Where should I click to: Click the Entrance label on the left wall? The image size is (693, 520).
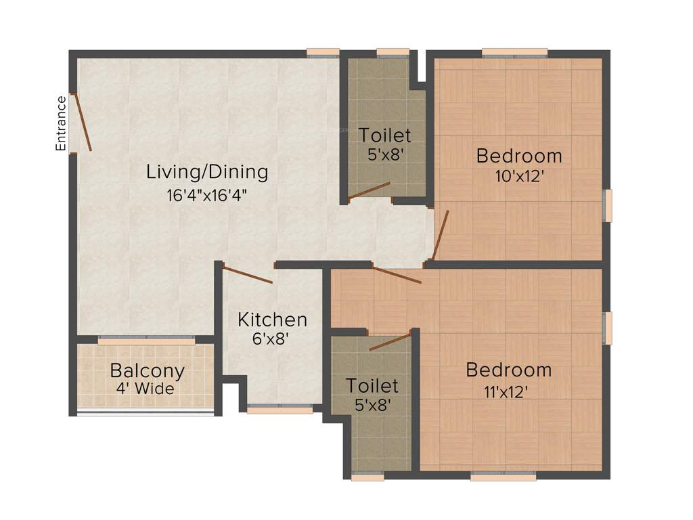pos(61,123)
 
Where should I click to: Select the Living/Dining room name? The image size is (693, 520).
pos(207,172)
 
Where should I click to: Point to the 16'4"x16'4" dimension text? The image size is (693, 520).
pos(207,195)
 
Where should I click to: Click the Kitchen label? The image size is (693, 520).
pos(272,320)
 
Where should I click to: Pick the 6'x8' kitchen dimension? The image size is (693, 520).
pos(271,339)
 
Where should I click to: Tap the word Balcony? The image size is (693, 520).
pos(147,371)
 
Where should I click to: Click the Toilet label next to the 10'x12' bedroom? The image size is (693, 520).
pos(385,135)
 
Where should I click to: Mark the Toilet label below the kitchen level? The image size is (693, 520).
pos(372,386)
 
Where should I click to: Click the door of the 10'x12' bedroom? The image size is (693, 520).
pos(441,235)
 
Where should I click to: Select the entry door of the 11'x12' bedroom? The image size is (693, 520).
pos(397,275)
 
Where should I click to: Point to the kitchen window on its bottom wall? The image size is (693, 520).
pos(280,409)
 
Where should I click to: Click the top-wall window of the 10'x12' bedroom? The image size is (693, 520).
pos(514,51)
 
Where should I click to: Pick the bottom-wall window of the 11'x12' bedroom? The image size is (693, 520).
pos(503,477)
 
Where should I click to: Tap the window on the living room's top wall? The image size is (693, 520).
pos(322,51)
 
